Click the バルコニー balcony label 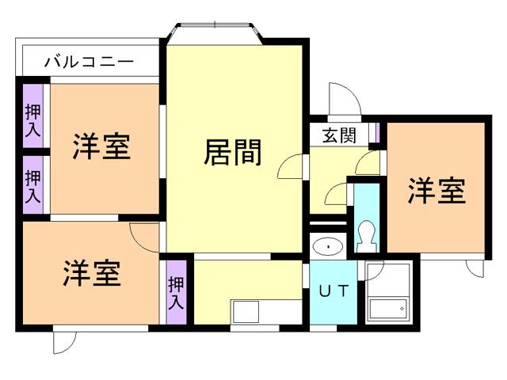89,60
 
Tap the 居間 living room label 233,152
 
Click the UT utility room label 333,291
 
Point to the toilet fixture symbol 366,234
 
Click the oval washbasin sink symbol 326,247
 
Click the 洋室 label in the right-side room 436,191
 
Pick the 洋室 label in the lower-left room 92,273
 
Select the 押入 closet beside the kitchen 176,291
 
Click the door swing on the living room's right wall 291,167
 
